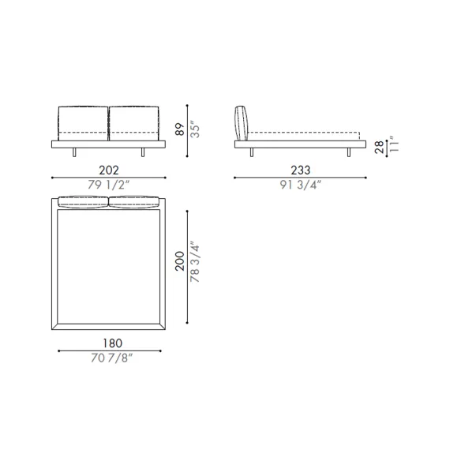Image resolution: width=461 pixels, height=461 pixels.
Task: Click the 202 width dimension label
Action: (109, 171)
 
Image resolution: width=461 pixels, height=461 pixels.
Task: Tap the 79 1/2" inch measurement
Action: (108, 185)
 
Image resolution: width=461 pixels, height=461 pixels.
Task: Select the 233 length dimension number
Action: (301, 170)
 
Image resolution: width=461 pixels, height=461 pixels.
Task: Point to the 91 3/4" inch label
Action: (301, 185)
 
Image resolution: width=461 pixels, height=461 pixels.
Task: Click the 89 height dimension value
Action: (180, 129)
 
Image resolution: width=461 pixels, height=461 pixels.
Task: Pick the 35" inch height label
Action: (195, 129)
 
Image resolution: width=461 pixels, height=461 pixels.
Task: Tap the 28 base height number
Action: (380, 147)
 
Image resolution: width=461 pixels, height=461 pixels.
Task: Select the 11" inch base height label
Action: (394, 144)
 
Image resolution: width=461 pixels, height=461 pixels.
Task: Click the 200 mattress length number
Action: (180, 261)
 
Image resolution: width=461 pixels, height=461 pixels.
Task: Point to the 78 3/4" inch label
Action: (195, 262)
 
